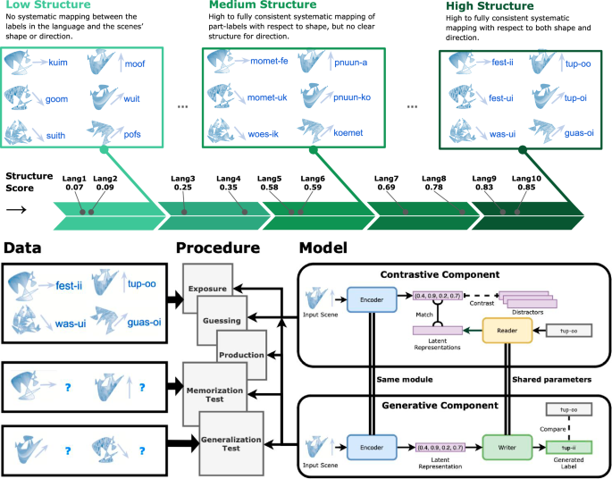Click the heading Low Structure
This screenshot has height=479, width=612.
(43, 7)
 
